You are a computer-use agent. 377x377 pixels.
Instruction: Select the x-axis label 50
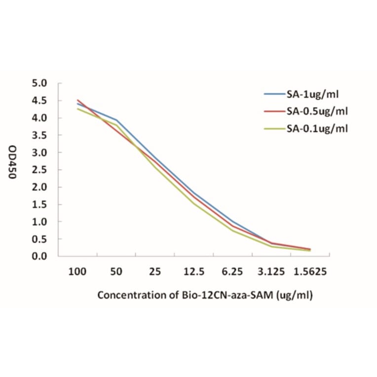click(x=116, y=272)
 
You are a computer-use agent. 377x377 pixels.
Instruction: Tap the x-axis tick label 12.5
click(x=194, y=272)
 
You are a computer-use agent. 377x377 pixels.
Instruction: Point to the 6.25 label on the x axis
click(x=233, y=272)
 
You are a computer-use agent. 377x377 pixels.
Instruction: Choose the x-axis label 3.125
click(x=271, y=272)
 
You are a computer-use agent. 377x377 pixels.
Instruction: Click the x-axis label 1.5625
click(x=310, y=272)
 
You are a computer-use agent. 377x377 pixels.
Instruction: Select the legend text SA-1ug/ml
click(x=312, y=93)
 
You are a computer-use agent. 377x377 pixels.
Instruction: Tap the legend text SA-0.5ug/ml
click(x=316, y=111)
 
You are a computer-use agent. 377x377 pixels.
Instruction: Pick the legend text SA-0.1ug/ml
click(x=316, y=128)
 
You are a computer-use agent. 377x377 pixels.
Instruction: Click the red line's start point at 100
click(x=77, y=100)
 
